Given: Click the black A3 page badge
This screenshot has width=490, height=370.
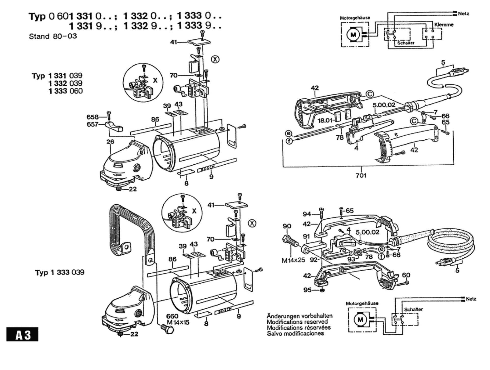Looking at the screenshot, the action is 22,334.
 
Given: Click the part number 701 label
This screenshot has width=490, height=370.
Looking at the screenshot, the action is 361,175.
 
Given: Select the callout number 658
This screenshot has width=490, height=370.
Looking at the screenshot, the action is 93,117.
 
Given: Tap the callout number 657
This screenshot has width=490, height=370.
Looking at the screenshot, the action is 93,124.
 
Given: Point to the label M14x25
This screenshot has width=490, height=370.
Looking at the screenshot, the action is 293,260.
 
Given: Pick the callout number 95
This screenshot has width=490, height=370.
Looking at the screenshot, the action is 307,290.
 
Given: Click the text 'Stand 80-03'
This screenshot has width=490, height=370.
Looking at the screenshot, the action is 53,36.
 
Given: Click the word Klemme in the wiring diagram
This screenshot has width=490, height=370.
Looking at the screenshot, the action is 444,25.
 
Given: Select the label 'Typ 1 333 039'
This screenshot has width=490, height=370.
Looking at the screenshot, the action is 60,272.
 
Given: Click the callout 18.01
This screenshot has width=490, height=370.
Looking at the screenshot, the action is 325,120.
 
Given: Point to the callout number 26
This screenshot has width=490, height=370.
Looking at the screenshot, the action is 110,142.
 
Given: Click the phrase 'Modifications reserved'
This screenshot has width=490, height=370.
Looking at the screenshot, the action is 297,322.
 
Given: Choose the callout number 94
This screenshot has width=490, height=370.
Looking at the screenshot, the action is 307,214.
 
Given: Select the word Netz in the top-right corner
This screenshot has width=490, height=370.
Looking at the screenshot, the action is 464,14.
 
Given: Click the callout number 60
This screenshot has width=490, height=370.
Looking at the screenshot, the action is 406,275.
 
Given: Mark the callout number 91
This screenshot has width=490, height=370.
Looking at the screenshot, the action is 307,236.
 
